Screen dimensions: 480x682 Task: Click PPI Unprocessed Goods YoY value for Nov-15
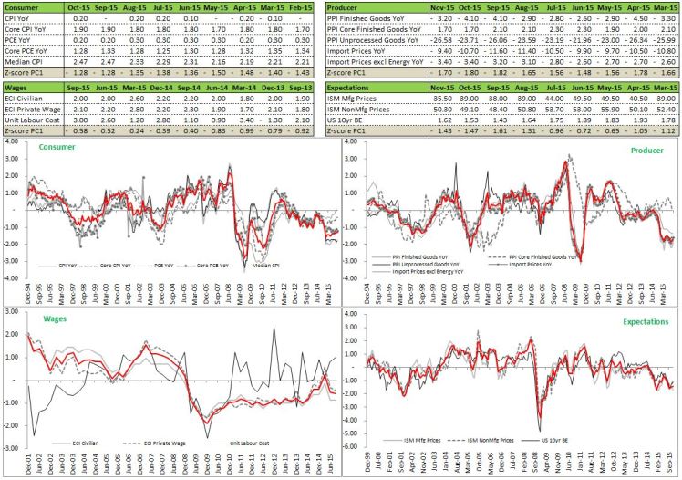(442, 37)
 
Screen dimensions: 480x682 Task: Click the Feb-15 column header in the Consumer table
(304, 7)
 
